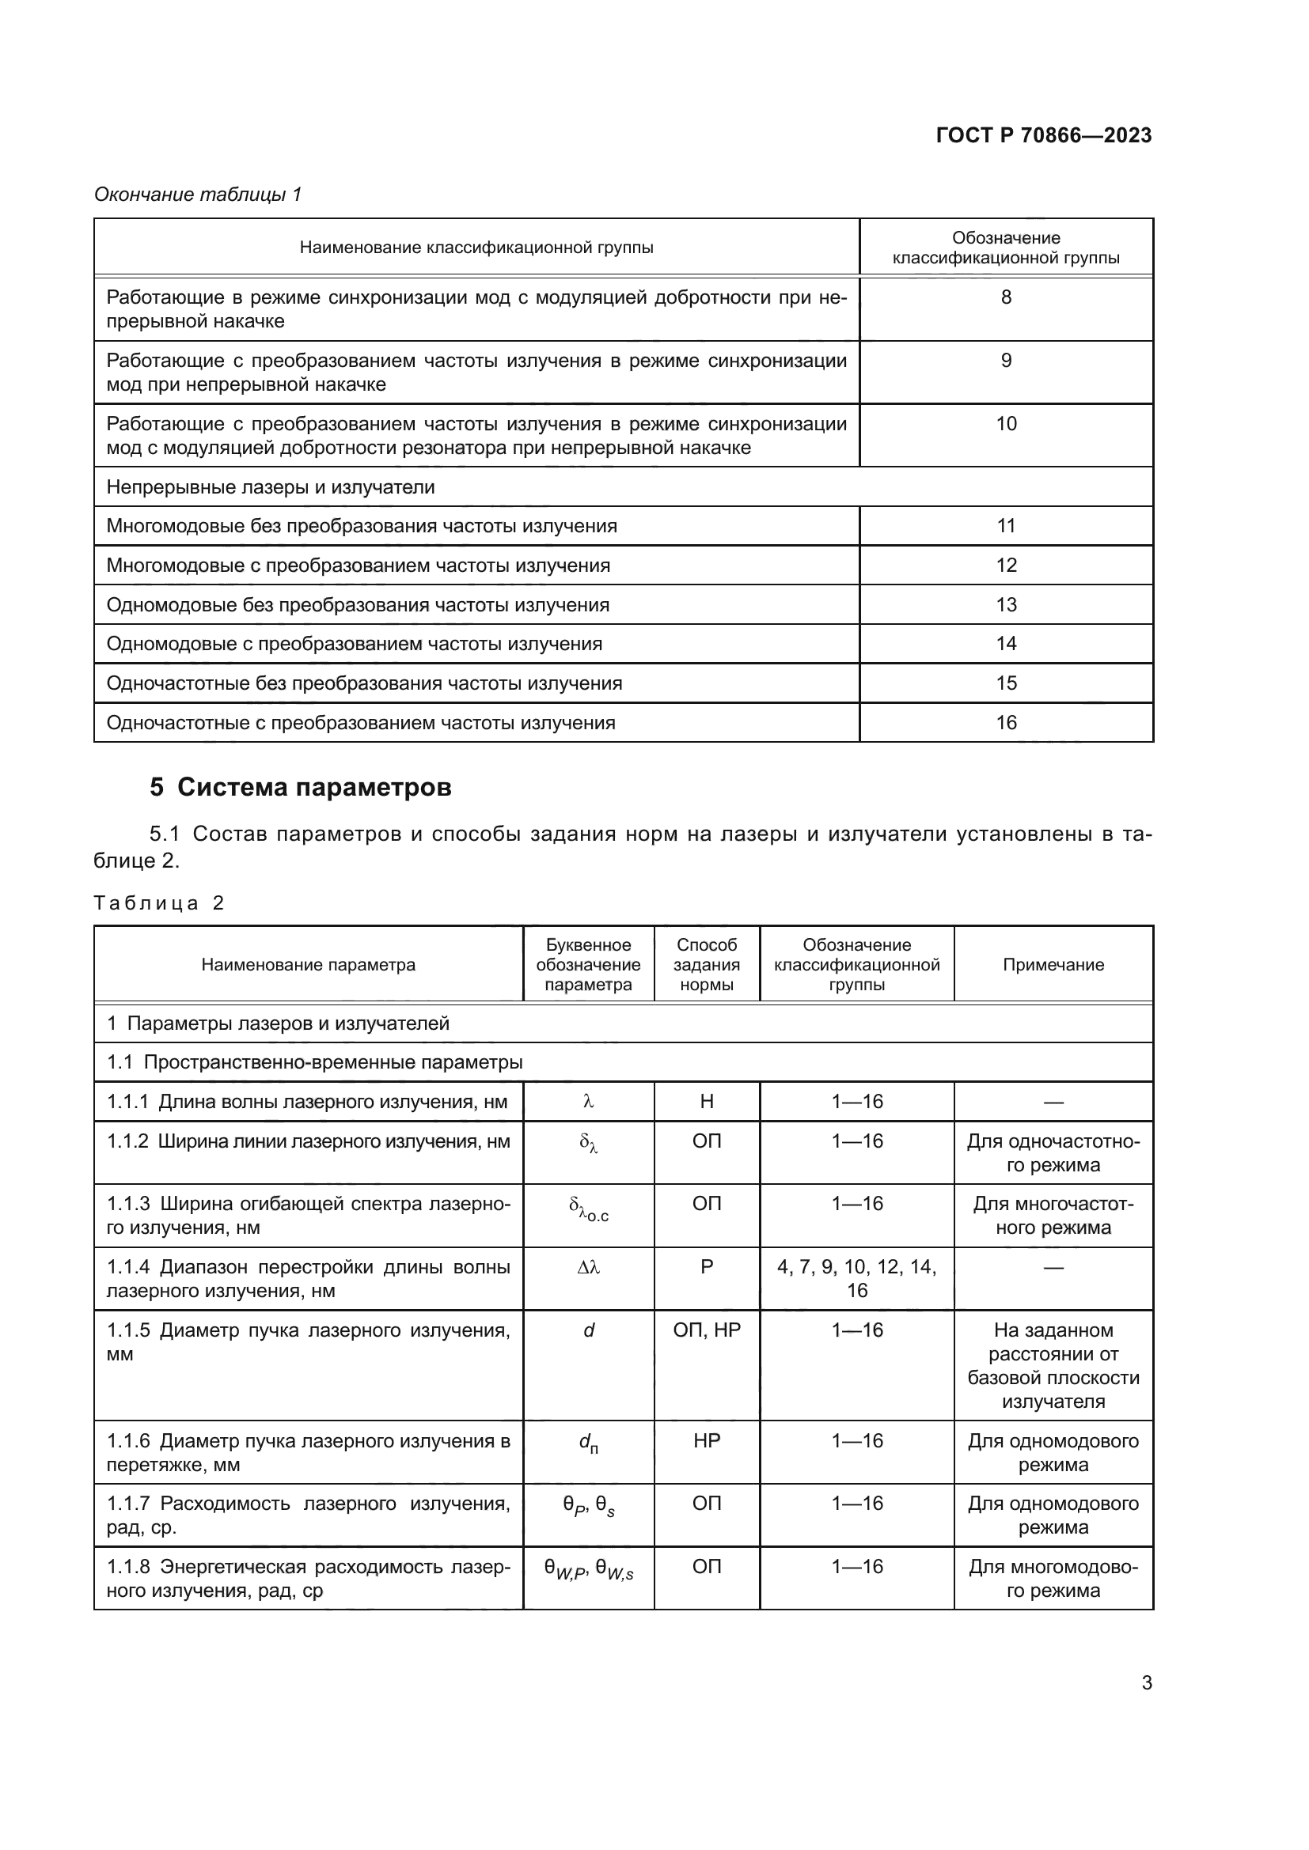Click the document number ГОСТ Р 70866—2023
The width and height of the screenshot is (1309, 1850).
click(x=1043, y=135)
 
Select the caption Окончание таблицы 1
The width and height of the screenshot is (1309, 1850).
click(x=198, y=195)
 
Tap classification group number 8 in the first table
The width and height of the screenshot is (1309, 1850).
click(x=1006, y=297)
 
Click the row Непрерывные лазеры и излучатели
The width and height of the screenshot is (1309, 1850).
click(x=271, y=487)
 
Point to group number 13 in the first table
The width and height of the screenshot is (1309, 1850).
click(x=1006, y=604)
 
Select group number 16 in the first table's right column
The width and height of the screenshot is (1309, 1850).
click(x=1006, y=723)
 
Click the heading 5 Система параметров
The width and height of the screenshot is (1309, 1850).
click(x=301, y=787)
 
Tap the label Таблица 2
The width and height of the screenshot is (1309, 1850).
click(x=159, y=903)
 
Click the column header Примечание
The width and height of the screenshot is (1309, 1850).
click(x=1053, y=964)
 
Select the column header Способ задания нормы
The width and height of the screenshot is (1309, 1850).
click(x=706, y=964)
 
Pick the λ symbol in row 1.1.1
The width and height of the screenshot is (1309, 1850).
click(x=588, y=1102)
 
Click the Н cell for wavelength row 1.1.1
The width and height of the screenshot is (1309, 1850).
click(x=706, y=1102)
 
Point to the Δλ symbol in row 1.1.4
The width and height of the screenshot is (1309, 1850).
click(x=588, y=1267)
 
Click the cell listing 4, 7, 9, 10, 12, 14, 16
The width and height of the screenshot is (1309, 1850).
click(x=857, y=1279)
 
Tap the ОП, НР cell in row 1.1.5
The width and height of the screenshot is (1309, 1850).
click(x=706, y=1330)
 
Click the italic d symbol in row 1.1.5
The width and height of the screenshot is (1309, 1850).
click(x=588, y=1330)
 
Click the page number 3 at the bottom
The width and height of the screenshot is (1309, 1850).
click(x=1146, y=1682)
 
